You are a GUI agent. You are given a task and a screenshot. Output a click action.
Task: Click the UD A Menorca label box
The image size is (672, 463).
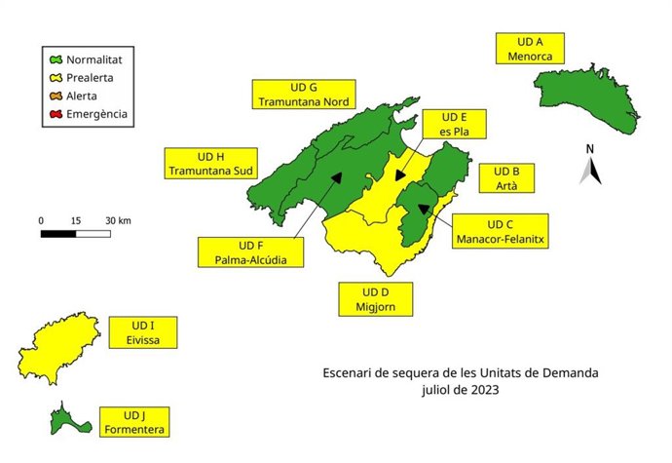(530, 50)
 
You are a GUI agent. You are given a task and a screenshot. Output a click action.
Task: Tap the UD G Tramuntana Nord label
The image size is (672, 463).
(304, 94)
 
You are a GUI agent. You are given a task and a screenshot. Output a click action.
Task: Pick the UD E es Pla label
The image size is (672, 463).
(455, 126)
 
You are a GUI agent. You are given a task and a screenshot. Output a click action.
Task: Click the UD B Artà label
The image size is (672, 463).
(507, 178)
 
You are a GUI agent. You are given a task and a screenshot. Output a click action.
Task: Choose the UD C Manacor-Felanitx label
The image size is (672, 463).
(499, 230)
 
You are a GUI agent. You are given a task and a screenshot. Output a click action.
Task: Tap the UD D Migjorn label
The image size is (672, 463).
(375, 299)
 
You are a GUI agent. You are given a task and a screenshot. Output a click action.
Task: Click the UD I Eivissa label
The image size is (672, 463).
(143, 332)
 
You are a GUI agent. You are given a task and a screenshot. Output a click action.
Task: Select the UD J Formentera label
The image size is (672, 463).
(132, 421)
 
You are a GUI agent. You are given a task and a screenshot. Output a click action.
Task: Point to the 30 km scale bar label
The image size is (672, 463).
(117, 220)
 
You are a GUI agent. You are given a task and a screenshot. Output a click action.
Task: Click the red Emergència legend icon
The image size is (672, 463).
(56, 114)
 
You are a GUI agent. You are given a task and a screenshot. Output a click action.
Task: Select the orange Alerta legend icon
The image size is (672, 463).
(56, 96)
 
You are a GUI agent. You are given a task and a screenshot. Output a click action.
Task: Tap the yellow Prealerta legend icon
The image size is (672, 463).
(56, 77)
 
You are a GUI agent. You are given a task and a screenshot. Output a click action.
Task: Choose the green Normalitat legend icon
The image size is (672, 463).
(56, 59)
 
